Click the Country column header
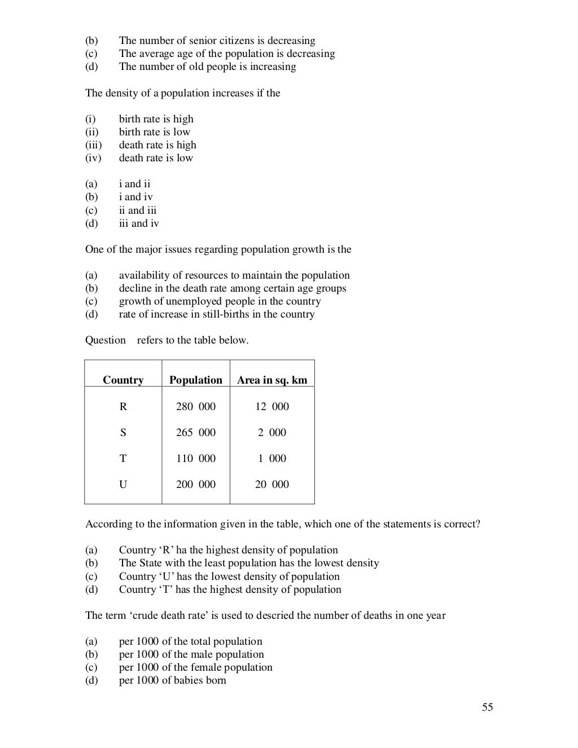(x=123, y=380)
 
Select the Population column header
(x=195, y=380)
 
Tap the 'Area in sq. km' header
(x=272, y=380)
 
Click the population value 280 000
(x=195, y=407)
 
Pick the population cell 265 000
(x=195, y=433)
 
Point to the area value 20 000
(x=272, y=485)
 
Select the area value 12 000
(x=272, y=407)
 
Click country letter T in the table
(x=123, y=459)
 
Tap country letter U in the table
(x=123, y=485)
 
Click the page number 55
(x=488, y=707)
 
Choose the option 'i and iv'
(x=135, y=197)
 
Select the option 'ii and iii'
(x=138, y=210)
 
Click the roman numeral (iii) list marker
(x=93, y=145)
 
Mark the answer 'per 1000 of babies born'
(x=172, y=680)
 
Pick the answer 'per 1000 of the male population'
(x=191, y=654)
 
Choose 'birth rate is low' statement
(x=155, y=132)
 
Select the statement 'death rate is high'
(x=157, y=145)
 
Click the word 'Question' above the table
(x=106, y=340)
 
